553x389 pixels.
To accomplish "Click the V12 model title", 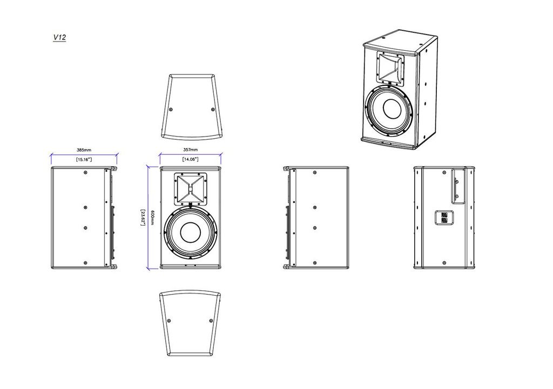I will pos(59,38).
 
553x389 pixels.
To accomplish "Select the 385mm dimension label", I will pos(84,149).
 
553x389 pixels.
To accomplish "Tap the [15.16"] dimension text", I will pos(84,160).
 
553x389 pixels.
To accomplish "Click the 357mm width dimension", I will pos(190,149).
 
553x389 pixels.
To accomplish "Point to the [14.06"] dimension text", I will pos(190,160).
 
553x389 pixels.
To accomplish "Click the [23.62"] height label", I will pos(143,218).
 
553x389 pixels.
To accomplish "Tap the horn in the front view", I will pos(191,189).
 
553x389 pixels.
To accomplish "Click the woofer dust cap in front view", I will pos(191,233).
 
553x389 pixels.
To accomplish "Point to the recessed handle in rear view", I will pos(457,187).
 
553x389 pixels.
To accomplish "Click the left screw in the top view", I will pos(171,110).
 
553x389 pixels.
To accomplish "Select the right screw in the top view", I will pos(212,110).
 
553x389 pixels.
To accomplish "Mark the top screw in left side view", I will pos(86,173).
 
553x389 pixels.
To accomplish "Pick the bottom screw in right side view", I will pos(315,263).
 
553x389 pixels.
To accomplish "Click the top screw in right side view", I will pos(315,173).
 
